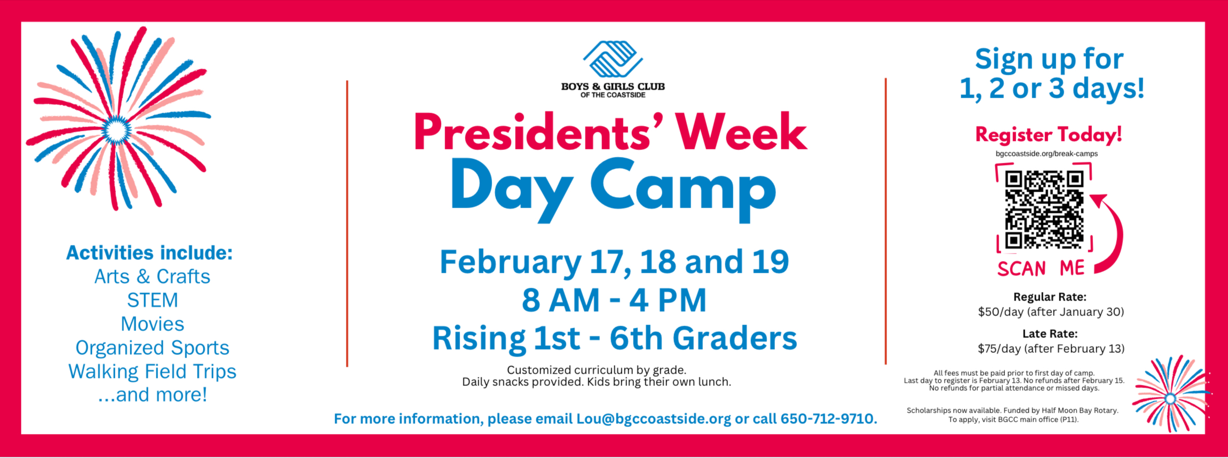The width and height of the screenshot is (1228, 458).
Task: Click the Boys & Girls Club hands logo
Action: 613,59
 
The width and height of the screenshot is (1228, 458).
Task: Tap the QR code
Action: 1044,209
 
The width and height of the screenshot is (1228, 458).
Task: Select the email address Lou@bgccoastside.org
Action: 653,418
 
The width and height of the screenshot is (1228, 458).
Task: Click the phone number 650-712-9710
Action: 828,418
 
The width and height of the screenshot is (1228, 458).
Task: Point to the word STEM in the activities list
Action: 152,300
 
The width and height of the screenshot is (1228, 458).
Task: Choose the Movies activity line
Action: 152,324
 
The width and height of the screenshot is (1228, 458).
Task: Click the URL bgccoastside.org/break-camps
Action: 1047,154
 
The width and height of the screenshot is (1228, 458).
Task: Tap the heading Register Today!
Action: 1049,135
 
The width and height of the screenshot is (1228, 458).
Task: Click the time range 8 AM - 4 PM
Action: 614,299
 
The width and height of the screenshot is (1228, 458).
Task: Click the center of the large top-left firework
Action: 116,129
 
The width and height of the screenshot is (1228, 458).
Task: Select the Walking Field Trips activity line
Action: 152,372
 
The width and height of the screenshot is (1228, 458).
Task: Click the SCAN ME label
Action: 1041,268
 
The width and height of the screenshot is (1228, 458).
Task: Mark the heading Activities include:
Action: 149,252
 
